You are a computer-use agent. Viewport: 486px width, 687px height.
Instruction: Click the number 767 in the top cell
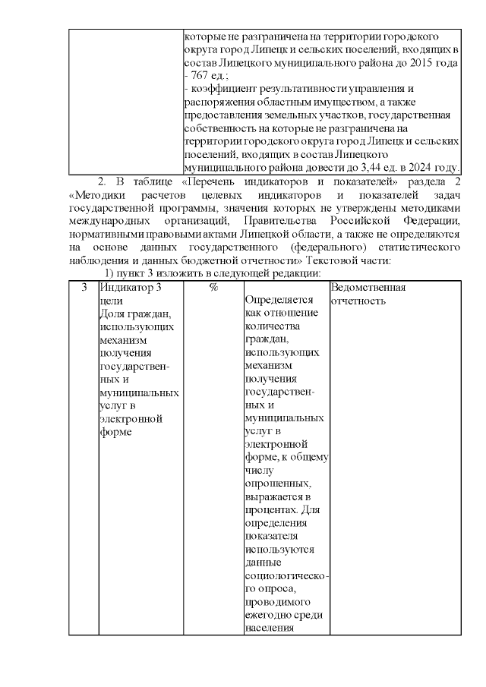click(x=201, y=77)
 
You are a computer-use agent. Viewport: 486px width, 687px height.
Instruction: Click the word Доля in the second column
click(x=112, y=314)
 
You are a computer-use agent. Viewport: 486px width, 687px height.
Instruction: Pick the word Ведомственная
click(x=368, y=288)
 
